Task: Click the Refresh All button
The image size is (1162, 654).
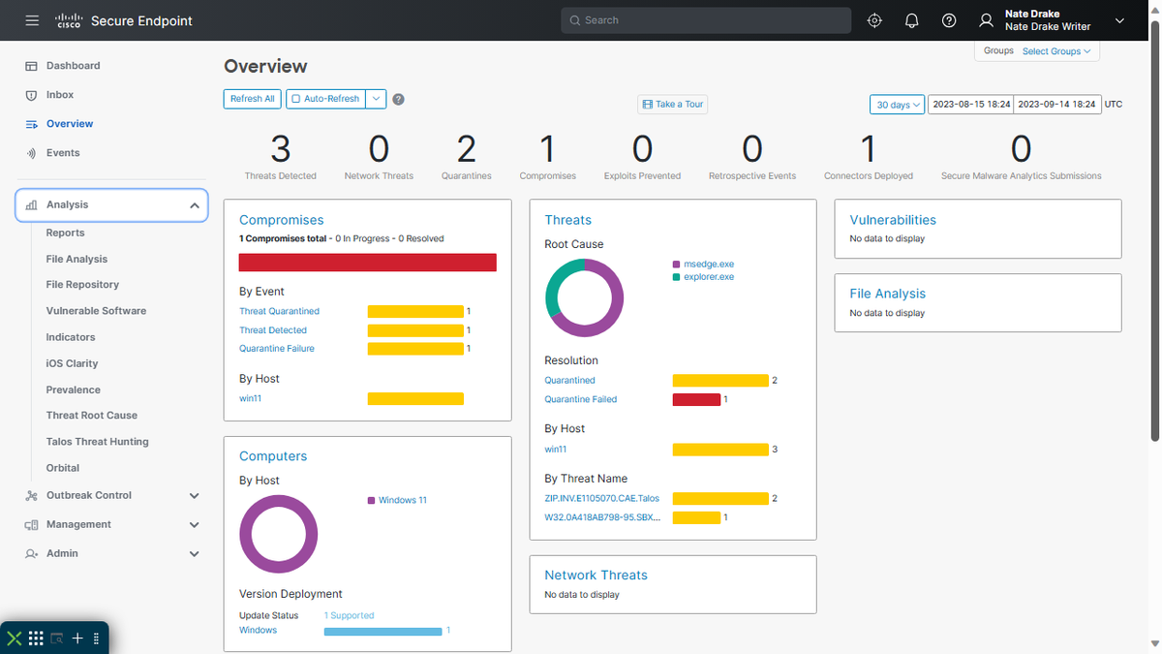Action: coord(253,99)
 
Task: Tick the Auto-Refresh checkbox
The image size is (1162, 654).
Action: coord(295,99)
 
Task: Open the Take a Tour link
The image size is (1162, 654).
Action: coord(673,105)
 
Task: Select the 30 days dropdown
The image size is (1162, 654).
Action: coord(896,105)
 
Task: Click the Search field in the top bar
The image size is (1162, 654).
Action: coord(706,20)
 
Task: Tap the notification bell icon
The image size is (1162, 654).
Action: coord(911,20)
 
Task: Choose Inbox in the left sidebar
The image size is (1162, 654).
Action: coord(60,95)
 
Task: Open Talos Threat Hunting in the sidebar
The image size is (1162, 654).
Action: coord(97,442)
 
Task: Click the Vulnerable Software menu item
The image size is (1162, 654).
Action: coord(96,311)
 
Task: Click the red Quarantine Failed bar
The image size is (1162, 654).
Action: coord(696,399)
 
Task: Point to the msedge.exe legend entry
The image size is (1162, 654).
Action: coord(708,265)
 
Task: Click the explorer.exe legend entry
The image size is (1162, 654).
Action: coord(708,277)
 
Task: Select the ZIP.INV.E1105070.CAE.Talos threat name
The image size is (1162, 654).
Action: coord(601,498)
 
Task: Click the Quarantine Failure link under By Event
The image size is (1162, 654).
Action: coord(276,349)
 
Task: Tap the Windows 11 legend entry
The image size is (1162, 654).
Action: coord(402,500)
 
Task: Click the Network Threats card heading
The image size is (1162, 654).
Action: coord(596,575)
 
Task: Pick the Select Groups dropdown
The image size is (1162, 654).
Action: coord(1056,51)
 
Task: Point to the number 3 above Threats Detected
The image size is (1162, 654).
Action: coord(280,149)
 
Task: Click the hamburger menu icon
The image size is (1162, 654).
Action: coord(33,20)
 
